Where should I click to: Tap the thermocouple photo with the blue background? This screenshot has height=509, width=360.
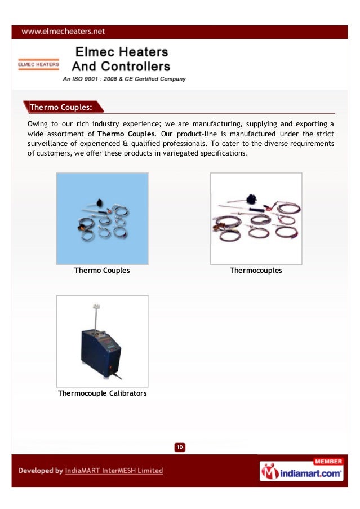(x=103, y=219)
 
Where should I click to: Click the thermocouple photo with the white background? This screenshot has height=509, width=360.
(x=256, y=219)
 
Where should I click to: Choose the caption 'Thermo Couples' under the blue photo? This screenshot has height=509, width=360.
(x=102, y=271)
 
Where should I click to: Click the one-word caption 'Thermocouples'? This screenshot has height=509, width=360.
(x=255, y=271)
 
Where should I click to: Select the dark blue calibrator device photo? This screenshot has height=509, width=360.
(x=103, y=341)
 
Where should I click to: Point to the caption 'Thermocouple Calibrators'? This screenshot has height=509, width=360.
(x=102, y=393)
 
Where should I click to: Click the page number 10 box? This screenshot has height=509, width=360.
(x=180, y=448)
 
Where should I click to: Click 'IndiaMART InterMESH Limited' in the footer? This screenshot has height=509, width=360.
(x=114, y=471)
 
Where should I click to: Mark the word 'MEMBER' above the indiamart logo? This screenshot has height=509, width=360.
(x=327, y=461)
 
